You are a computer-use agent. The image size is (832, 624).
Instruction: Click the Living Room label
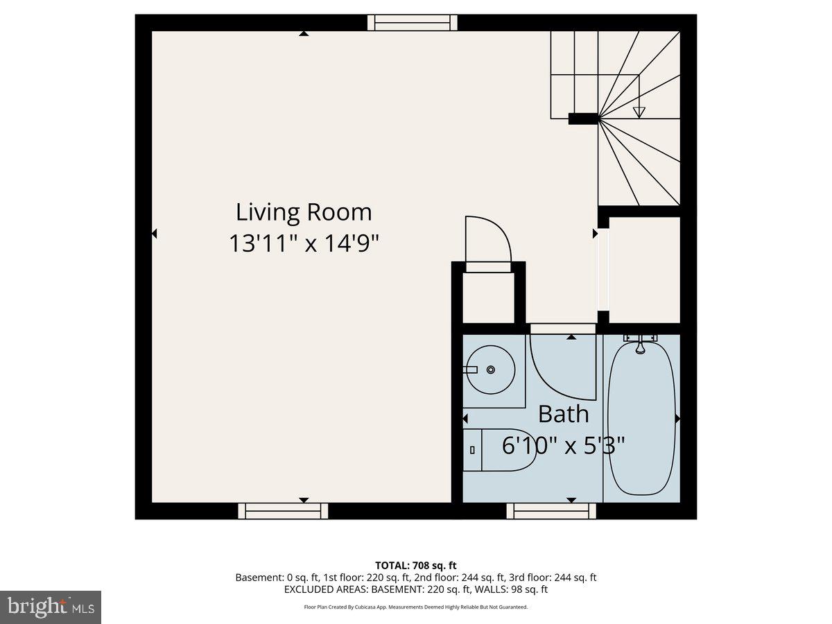coord(304,211)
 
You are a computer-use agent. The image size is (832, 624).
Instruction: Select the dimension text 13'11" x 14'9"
coord(304,243)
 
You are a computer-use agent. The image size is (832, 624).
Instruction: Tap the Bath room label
coord(563,414)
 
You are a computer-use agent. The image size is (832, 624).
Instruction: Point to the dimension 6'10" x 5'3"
coord(563,445)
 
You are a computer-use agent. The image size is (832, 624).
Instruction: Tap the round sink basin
coord(489,370)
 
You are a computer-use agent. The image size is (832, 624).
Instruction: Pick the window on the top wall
coord(412,22)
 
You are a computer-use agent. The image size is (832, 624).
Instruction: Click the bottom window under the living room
coord(283,511)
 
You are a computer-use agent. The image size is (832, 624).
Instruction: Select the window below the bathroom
coord(551,511)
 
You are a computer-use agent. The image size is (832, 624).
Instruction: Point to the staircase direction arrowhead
coord(639,112)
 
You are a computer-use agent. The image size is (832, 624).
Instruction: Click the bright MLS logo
coord(51,607)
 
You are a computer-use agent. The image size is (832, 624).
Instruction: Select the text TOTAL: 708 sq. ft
coord(416,565)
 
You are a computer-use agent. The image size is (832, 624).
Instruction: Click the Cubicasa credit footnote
coord(416,607)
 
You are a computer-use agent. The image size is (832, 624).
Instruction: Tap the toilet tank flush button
coord(472,450)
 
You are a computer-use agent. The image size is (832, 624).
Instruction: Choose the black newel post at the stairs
coord(583,119)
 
